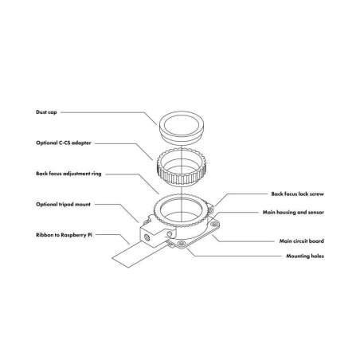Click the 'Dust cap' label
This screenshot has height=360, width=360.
[x=46, y=112]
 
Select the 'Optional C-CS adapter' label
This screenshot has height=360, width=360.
[x=64, y=143]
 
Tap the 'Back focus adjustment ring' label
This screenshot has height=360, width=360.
[x=68, y=174]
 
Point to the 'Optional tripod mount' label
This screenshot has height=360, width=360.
[x=63, y=205]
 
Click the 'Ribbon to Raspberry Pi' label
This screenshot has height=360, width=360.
[x=64, y=235]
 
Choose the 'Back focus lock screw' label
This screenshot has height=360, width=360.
[x=297, y=194]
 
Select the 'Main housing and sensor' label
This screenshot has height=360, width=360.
[x=293, y=213]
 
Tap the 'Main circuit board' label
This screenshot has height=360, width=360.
[x=302, y=241]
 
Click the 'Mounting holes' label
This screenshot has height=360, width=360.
[x=305, y=256]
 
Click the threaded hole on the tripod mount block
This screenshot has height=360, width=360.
[x=147, y=237]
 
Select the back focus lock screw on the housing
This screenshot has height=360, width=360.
[x=210, y=209]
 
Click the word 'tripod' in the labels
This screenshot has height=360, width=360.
[x=65, y=205]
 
